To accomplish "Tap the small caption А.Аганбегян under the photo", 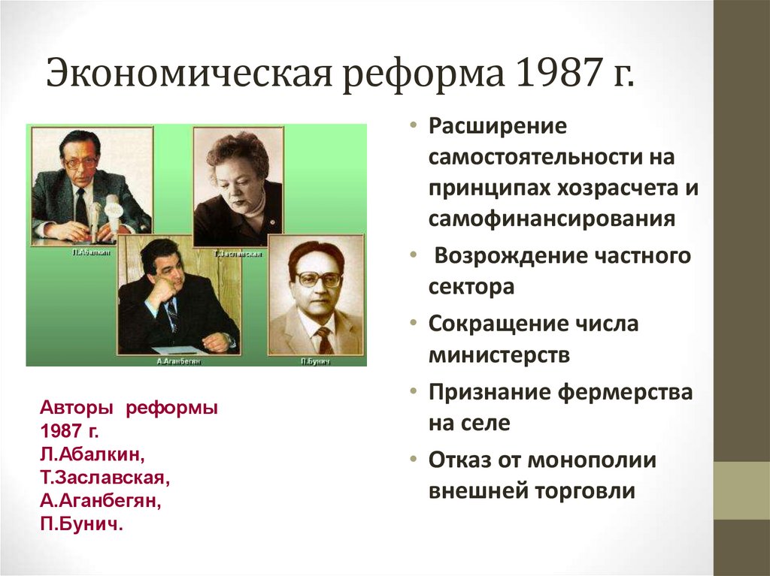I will pos(178,361).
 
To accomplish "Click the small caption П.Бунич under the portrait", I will pos(314,361).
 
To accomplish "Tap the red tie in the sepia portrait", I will pos(324,339).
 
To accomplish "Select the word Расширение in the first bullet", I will pos(496,125).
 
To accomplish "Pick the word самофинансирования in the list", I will pos(551,219).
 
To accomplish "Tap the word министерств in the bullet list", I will pos(499,354).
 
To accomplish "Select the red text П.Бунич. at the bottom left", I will pos(81,523).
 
